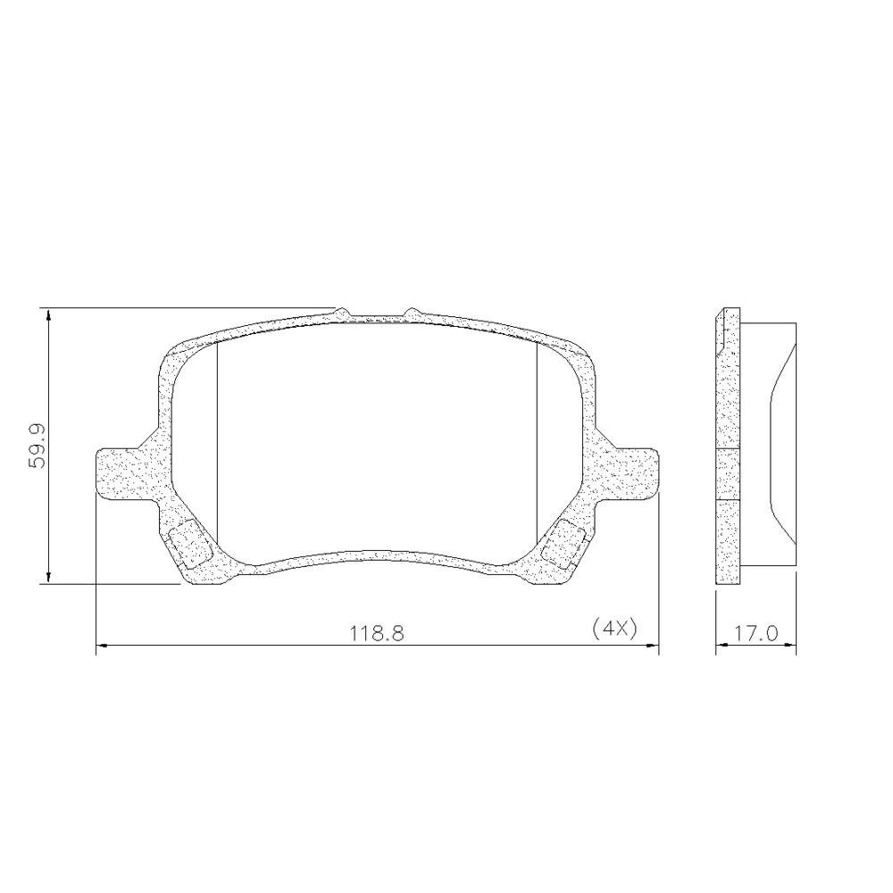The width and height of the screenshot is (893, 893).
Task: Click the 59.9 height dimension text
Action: [x=38, y=446]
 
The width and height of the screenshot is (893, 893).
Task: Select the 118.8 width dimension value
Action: [x=377, y=633]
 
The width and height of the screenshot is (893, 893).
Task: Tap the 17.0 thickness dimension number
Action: [x=755, y=633]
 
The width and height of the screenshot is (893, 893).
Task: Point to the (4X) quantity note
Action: [x=614, y=629]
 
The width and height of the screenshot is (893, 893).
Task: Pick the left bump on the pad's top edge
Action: [x=342, y=313]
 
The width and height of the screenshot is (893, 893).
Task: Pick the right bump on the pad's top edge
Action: [x=412, y=313]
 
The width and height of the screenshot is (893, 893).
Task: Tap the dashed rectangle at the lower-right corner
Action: [x=563, y=544]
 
